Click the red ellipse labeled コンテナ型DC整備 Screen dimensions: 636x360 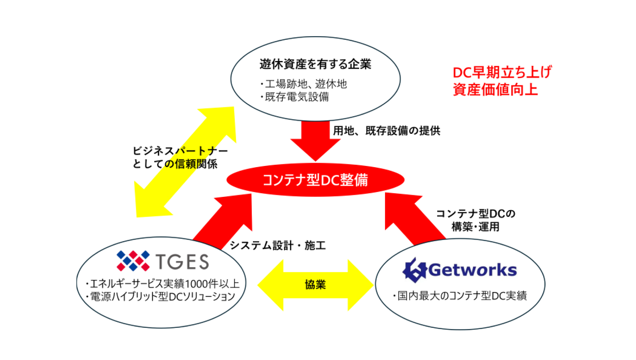315,180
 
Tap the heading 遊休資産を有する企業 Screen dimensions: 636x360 315,64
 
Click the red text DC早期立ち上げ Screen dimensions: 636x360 502,72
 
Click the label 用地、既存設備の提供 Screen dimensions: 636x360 386,131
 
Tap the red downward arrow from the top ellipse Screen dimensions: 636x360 316,141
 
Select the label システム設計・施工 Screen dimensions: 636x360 277,245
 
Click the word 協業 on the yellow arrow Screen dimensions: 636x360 315,284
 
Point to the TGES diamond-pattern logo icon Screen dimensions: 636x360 133,260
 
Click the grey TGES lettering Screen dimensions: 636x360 183,262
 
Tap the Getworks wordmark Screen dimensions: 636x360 473,270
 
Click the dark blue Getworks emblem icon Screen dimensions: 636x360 414,270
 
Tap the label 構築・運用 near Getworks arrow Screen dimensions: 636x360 475,227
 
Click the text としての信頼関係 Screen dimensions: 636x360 175,164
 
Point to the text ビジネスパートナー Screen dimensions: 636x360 180,151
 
